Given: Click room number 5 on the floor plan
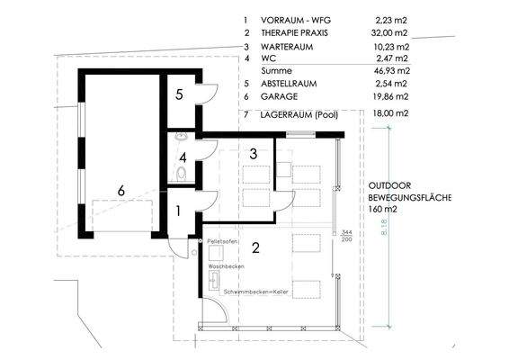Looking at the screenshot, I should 179,94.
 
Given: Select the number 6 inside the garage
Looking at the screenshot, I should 121,190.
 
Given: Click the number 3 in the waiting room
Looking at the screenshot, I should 254,154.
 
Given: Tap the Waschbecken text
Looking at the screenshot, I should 225,267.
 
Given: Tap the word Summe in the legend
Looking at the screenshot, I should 276,69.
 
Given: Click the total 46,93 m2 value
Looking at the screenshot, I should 391,69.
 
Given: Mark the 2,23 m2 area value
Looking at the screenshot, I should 391,18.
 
